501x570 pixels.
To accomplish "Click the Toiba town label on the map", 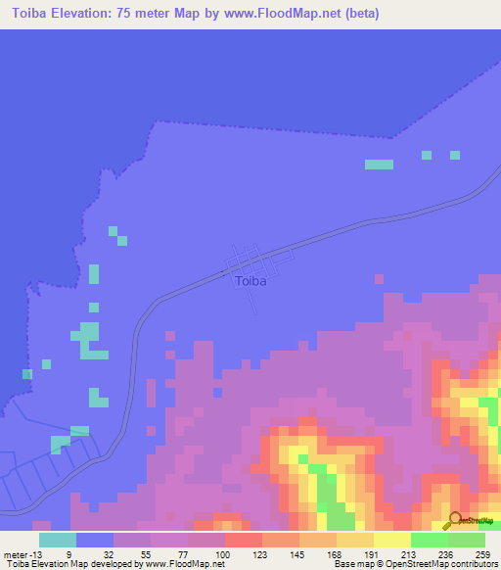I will click(x=250, y=281).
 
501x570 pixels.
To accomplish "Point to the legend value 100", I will click(x=222, y=554).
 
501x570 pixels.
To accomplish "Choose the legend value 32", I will click(x=108, y=554).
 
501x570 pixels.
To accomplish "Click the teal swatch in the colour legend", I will click(x=58, y=540).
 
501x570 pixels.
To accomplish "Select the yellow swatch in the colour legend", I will click(x=391, y=540).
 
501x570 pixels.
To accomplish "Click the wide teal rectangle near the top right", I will click(x=379, y=165).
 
